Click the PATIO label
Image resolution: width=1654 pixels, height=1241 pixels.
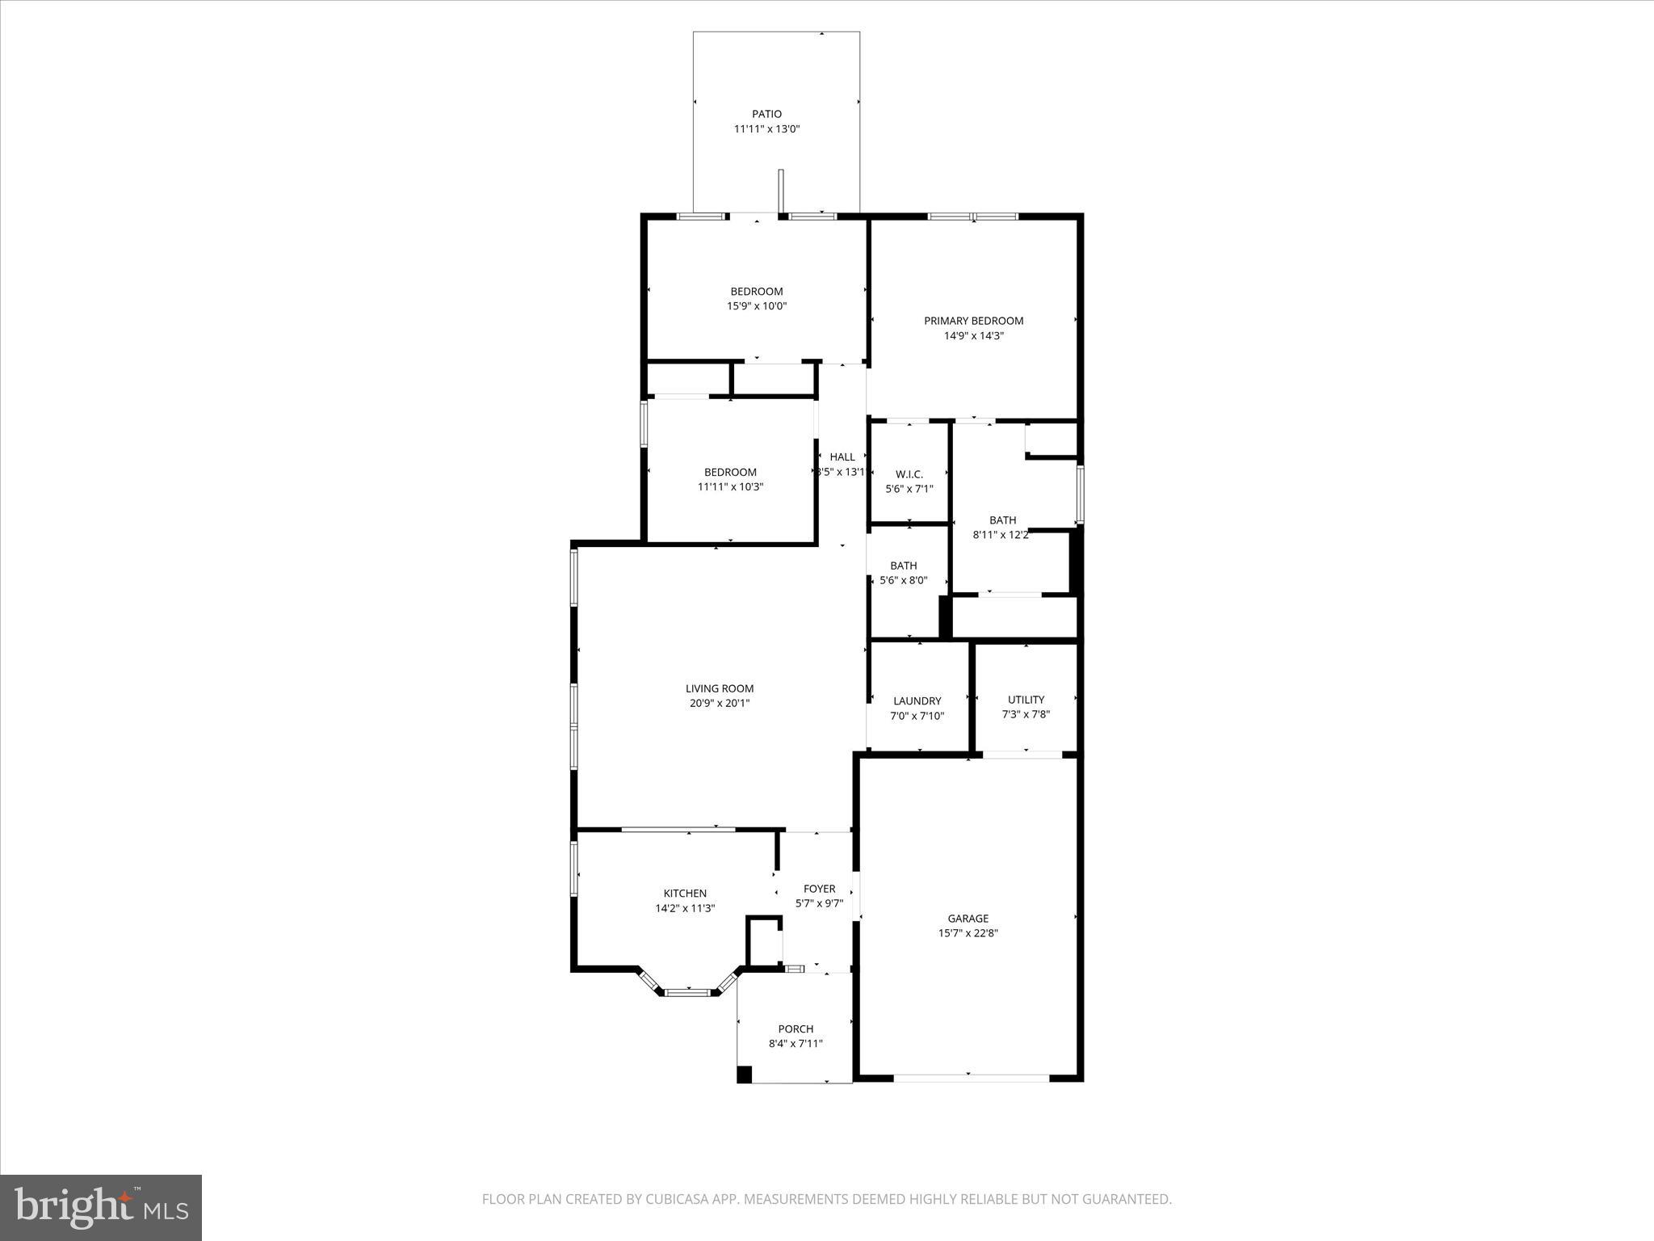point(766,114)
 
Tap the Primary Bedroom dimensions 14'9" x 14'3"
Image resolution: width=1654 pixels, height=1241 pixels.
point(973,335)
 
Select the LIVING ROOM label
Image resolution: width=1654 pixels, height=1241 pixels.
point(720,688)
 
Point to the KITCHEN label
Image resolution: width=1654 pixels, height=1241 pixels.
point(685,893)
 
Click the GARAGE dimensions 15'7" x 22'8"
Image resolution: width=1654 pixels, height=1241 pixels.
point(968,932)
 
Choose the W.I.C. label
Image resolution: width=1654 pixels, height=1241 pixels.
point(909,474)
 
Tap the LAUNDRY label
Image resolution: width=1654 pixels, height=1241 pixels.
point(917,700)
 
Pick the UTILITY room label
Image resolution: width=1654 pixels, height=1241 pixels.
point(1026,700)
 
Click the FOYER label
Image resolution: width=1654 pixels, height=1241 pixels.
point(819,889)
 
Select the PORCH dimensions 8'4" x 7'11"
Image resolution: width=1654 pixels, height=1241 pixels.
point(796,1043)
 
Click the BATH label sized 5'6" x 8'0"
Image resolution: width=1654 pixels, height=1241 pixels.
point(903,566)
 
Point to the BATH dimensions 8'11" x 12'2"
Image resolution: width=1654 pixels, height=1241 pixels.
point(1001,534)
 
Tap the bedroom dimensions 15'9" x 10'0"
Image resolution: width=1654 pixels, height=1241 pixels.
point(757,305)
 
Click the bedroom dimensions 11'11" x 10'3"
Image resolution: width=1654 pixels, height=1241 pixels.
point(730,486)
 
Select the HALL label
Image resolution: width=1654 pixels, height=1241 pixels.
point(842,456)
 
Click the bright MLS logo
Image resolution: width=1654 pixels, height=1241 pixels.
point(101,1206)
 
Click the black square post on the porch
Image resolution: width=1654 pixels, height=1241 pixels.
point(744,1075)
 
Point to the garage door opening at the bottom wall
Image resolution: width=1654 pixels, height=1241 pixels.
point(971,1077)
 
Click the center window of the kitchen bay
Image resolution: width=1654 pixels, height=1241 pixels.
point(688,991)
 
